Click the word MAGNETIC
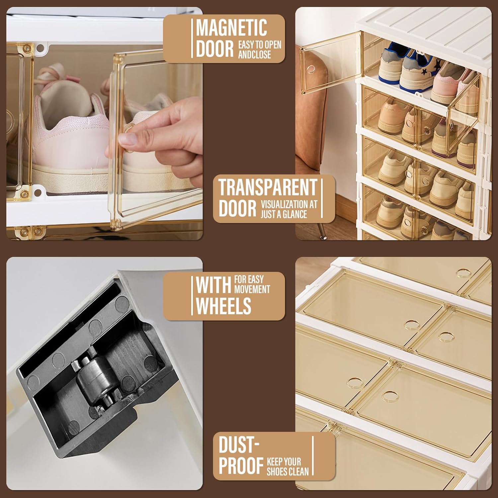pyautogui.click(x=231, y=28)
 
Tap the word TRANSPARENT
pyautogui.click(x=268, y=188)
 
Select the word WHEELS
pyautogui.click(x=223, y=305)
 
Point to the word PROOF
pyautogui.click(x=241, y=466)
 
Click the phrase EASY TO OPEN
pyautogui.click(x=260, y=45)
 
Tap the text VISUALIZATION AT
pyautogui.click(x=289, y=204)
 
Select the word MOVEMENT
pyautogui.click(x=252, y=290)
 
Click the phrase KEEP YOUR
pyautogui.click(x=284, y=461)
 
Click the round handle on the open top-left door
pyautogui.click(x=311, y=69)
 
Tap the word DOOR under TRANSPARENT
pyautogui.click(x=237, y=208)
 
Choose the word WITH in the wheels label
pyautogui.click(x=213, y=285)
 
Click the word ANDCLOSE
pyautogui.click(x=254, y=54)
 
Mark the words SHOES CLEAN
pyautogui.click(x=288, y=471)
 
